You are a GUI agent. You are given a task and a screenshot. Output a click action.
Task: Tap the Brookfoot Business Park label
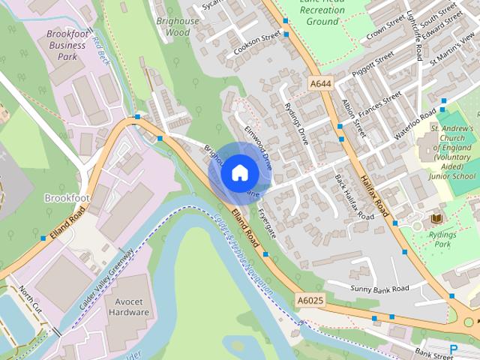[67, 45]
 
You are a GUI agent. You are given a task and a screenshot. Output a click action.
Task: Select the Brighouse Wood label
[178, 27]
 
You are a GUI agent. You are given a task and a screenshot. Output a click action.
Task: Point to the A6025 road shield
[309, 300]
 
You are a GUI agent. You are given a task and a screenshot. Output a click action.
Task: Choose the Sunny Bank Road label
[379, 289]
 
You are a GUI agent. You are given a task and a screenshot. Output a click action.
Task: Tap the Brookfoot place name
[67, 198]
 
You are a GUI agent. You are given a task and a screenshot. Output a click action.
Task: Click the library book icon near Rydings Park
[436, 218]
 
